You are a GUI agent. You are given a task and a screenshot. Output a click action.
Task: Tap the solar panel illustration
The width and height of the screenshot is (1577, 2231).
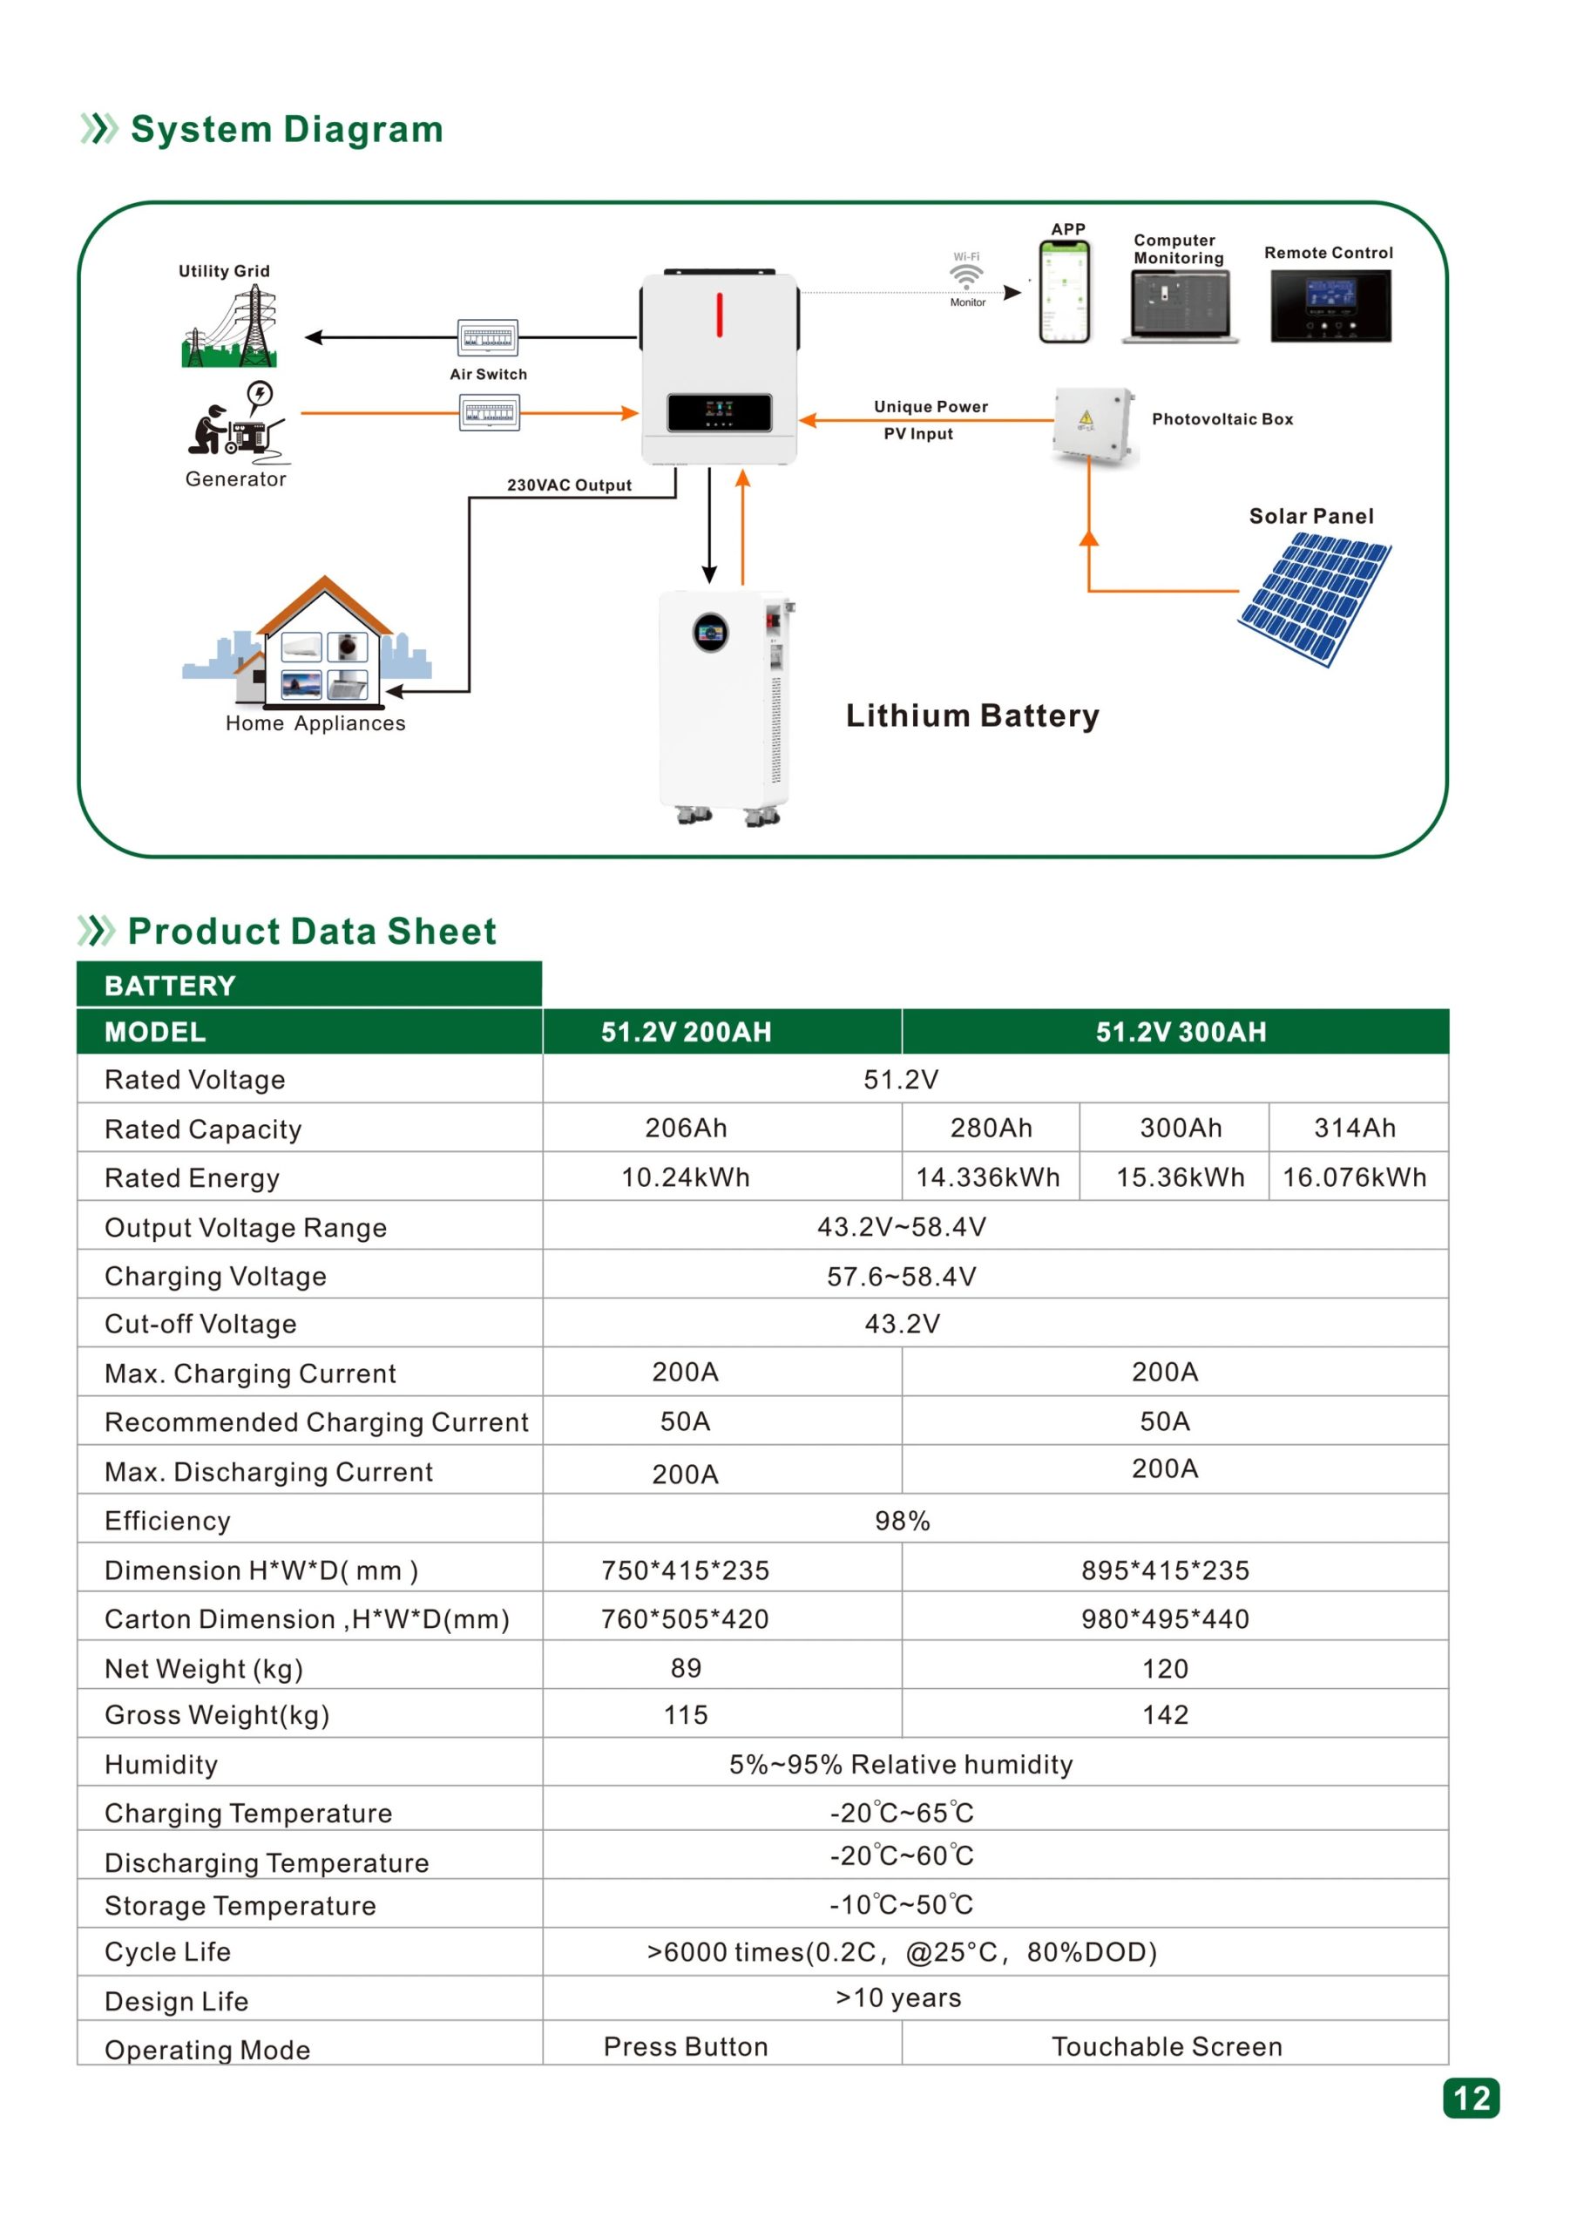(x=1315, y=600)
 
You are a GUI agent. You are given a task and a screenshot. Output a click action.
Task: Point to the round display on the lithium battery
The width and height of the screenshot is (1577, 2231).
(x=710, y=633)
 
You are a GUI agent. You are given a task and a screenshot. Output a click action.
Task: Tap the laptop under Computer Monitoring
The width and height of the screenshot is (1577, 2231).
(x=1180, y=306)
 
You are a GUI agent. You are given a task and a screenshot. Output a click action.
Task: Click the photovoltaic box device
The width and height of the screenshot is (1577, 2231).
(x=1093, y=424)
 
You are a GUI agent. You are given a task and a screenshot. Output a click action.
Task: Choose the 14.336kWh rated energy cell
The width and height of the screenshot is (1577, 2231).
(x=988, y=1177)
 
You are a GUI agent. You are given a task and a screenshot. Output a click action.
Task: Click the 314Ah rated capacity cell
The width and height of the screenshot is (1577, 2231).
(x=1355, y=1127)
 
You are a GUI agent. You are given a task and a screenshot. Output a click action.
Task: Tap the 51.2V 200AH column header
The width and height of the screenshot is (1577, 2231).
(x=686, y=1032)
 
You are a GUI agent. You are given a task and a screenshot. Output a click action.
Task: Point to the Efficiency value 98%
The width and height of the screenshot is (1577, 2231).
(x=902, y=1521)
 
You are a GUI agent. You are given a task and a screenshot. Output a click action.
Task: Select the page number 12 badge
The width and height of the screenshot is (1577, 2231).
(x=1470, y=2098)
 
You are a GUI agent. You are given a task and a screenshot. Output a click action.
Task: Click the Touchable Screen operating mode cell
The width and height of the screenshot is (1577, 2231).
(x=1166, y=2046)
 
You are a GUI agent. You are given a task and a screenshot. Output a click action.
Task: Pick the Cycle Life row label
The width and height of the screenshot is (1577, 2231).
(x=168, y=1951)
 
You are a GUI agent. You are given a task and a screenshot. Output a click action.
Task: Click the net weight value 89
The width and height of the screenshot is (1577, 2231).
(x=686, y=1667)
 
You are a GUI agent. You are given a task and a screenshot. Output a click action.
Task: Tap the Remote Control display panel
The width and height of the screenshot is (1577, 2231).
(x=1330, y=305)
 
